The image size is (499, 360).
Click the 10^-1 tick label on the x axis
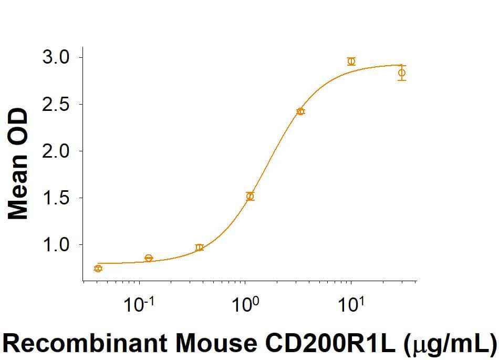coord(139,305)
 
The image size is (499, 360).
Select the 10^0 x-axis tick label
coord(245,305)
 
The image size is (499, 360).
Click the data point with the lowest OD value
coord(98,269)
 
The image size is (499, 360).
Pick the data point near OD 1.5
coord(250,197)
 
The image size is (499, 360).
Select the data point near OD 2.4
coord(300,111)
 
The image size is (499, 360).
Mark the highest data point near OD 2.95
coord(351,61)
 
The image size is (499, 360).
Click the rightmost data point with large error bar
coord(402,73)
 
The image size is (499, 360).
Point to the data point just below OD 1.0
coord(199,248)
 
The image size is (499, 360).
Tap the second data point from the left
coord(149,258)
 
